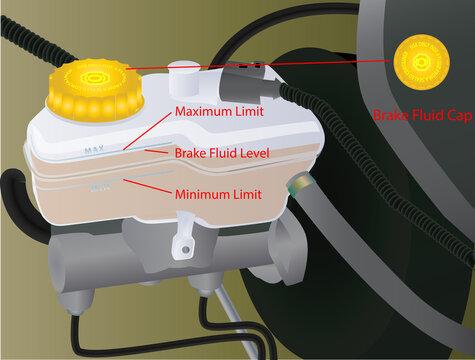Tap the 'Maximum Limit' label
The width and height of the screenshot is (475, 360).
pos(219,112)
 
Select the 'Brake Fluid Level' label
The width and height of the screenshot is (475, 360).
pos(222,153)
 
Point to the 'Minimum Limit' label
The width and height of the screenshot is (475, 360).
pos(218,194)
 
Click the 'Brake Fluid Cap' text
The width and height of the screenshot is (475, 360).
pos(421,116)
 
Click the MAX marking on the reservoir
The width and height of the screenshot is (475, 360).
pos(96,151)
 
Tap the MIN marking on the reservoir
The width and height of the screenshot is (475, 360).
pos(99,185)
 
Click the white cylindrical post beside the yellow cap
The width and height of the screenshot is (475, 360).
pos(184,80)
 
